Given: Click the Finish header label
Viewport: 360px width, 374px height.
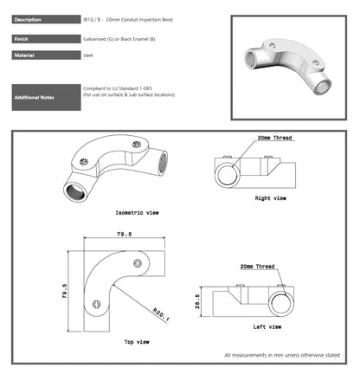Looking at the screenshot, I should [23, 39].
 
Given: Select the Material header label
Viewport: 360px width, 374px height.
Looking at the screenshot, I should [25, 55].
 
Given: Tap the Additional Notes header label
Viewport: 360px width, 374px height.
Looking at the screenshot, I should [35, 97].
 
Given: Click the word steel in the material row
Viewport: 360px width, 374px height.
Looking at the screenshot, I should [87, 55].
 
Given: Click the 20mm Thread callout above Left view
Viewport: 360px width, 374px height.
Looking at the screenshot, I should [257, 266].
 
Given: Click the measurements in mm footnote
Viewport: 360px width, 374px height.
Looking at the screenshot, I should [286, 354].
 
